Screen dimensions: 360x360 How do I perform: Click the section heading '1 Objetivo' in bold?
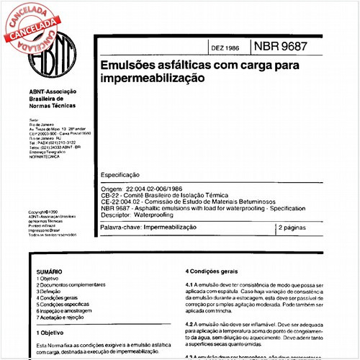(50, 333)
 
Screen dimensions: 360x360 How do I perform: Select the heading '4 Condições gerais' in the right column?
(212, 271)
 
